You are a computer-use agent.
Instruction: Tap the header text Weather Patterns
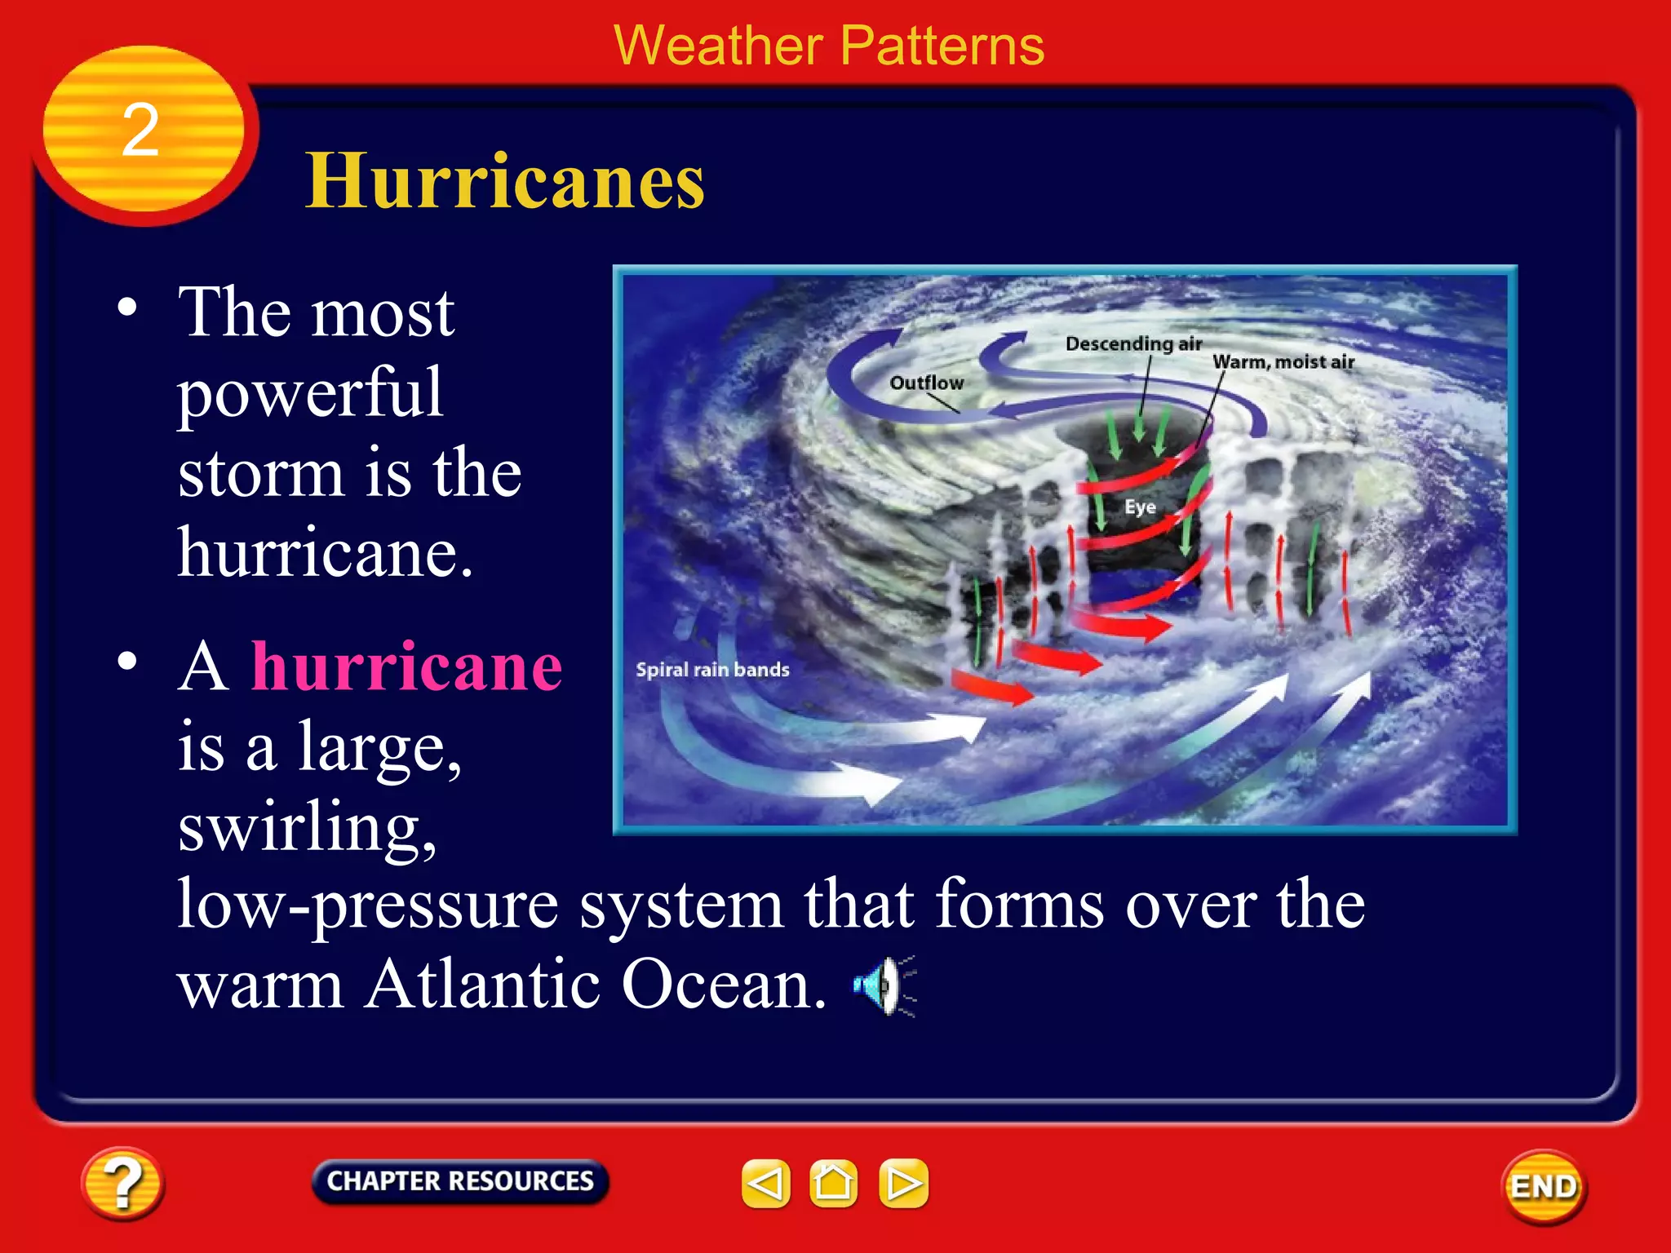click(x=828, y=46)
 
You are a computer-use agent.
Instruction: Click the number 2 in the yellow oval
click(x=140, y=131)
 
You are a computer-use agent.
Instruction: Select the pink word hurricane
click(x=406, y=666)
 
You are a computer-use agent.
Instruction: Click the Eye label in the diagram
click(x=1140, y=507)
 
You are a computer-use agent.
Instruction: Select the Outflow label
click(x=926, y=383)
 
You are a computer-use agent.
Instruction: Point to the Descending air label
click(x=1133, y=343)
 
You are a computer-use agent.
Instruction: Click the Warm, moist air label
click(x=1283, y=362)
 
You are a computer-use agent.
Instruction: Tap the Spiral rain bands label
click(x=712, y=670)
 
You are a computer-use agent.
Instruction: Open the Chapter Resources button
click(x=460, y=1181)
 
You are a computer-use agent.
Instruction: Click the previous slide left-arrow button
click(x=765, y=1183)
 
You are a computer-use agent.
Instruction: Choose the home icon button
click(x=833, y=1183)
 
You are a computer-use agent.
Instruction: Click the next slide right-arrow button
click(x=903, y=1183)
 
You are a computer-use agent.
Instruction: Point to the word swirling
click(x=307, y=828)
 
